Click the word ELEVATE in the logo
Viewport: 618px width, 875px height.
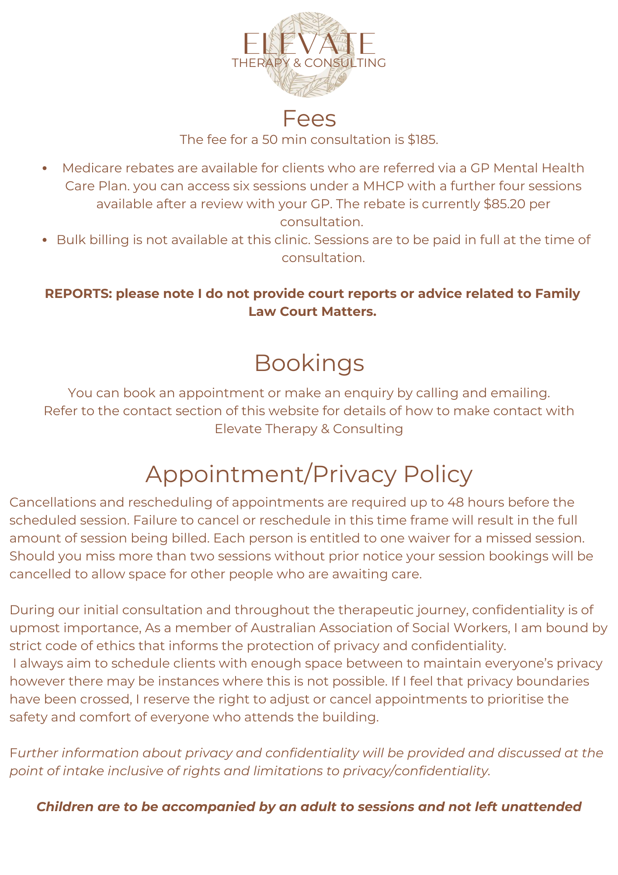pos(309,44)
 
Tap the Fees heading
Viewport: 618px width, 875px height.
pos(309,119)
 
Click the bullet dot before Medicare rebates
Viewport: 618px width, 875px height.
pos(45,168)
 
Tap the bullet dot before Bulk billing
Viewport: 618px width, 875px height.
pos(45,240)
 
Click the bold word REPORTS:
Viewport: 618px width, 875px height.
pos(79,294)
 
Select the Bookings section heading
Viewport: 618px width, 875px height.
pos(309,363)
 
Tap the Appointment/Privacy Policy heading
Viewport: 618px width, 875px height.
pos(309,474)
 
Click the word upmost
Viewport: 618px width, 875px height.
pos(35,628)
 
